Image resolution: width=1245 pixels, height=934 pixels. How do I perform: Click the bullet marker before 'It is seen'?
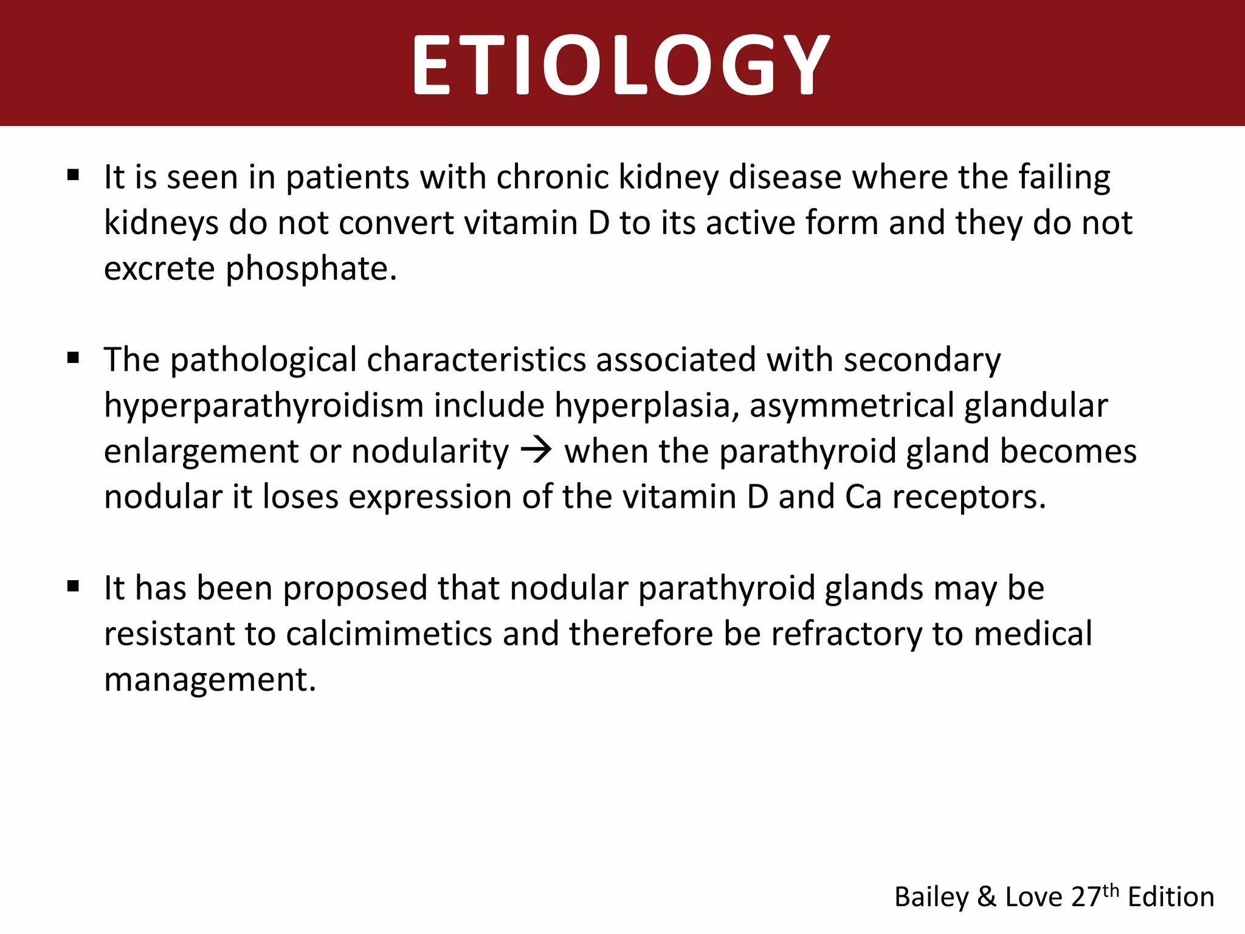74,176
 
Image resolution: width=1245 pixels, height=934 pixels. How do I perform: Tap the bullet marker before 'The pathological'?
74,358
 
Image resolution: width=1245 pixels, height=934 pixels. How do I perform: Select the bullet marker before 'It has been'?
74,587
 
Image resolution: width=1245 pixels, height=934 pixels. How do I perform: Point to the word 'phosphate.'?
311,269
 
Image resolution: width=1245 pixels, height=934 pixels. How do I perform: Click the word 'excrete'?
159,269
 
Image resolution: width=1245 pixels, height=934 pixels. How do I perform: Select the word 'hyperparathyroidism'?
263,406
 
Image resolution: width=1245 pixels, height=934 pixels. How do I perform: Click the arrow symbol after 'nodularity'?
536,451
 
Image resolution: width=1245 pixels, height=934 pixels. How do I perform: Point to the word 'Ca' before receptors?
863,497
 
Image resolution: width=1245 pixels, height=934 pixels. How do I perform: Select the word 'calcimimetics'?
388,634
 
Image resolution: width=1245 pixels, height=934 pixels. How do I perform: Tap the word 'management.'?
210,679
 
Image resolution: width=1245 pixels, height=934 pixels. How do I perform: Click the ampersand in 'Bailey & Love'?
987,897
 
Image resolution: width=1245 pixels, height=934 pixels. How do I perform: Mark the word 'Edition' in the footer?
1171,897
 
